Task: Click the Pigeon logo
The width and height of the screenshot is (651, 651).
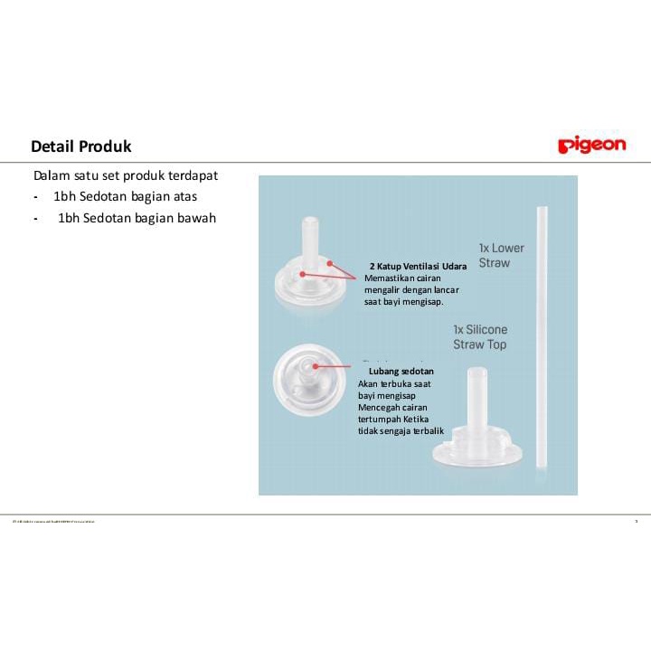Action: tap(591, 145)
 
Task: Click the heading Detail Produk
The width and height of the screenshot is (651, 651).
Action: tap(81, 146)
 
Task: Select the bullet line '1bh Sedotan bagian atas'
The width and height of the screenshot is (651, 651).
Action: tap(125, 196)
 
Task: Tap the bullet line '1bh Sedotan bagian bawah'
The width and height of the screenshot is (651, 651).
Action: tap(137, 218)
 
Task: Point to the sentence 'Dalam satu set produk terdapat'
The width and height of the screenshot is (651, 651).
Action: tap(126, 175)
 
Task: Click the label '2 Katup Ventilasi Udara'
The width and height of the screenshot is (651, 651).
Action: tap(418, 266)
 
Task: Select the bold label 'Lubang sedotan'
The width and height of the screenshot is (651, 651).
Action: tap(401, 372)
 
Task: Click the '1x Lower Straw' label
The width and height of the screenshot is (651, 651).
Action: tap(501, 255)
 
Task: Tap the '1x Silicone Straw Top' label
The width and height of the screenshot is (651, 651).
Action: tap(480, 337)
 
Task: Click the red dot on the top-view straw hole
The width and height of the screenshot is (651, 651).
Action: tap(314, 367)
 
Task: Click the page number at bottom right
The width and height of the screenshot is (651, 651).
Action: tap(636, 521)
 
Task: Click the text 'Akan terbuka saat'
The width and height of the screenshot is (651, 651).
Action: tap(394, 383)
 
